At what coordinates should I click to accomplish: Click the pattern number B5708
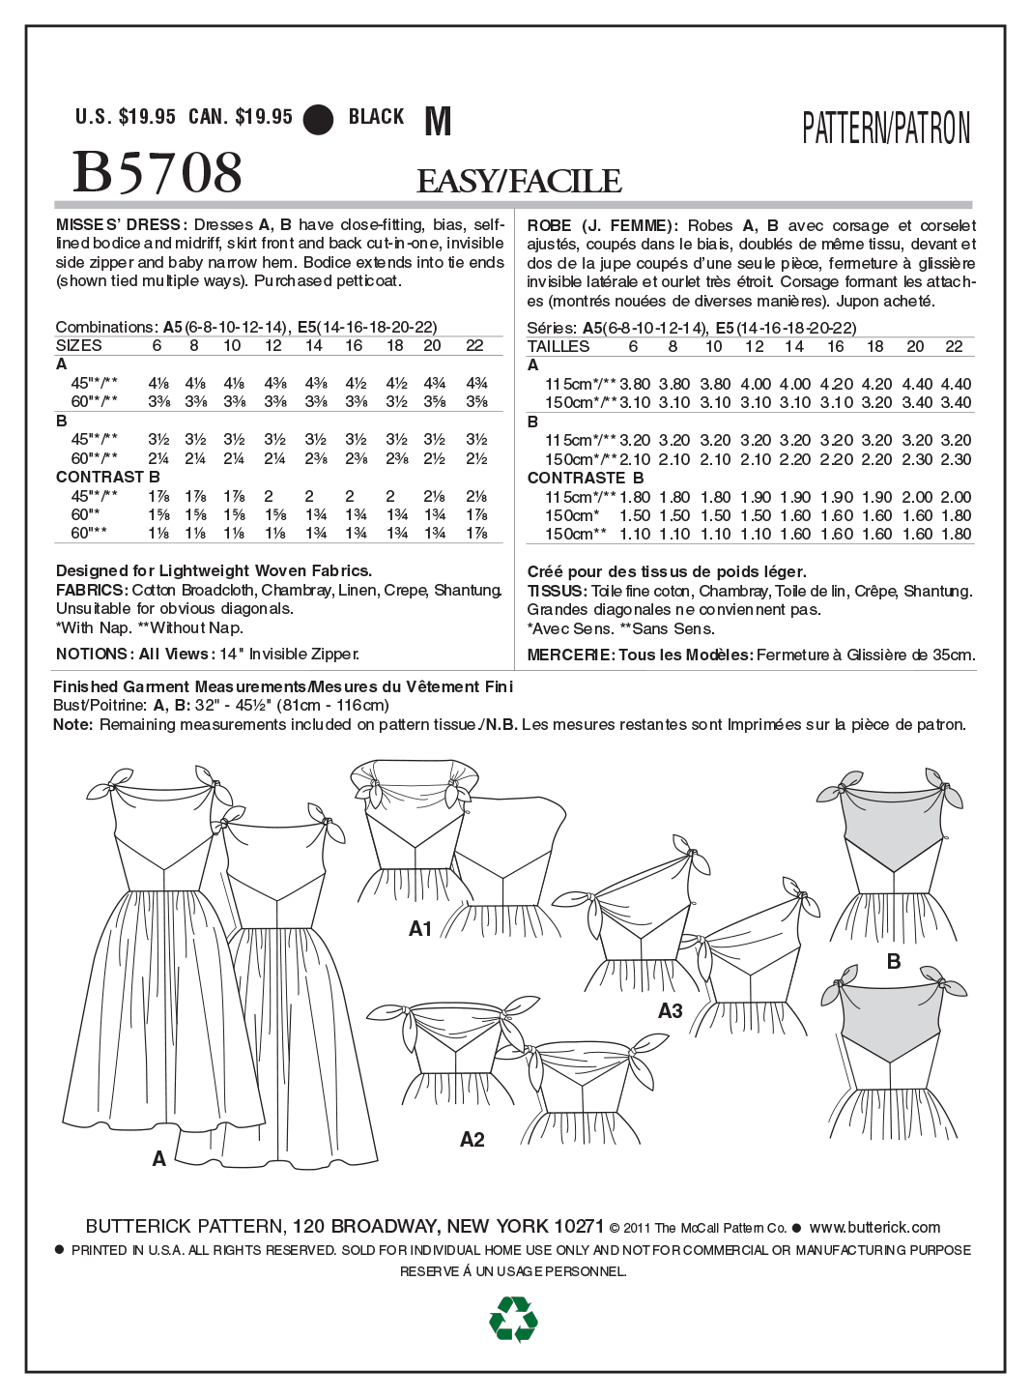tap(158, 173)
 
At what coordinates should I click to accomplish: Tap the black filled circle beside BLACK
tap(318, 119)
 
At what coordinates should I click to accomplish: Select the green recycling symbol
tap(513, 1319)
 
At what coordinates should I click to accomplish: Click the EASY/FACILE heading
tap(519, 181)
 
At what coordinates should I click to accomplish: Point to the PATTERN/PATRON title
tap(886, 129)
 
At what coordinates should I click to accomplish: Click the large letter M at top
tap(438, 122)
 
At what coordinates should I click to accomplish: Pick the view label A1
tap(420, 929)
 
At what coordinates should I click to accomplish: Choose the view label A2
tap(472, 1140)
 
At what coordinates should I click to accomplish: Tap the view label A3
tap(670, 1011)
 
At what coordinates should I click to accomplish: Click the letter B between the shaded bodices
tap(894, 961)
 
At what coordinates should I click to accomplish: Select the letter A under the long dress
tap(159, 1158)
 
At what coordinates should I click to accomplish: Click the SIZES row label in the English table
tap(78, 345)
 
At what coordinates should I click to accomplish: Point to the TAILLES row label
tap(558, 346)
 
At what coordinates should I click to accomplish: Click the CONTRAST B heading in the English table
tap(107, 477)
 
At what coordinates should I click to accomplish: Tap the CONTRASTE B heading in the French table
tap(585, 478)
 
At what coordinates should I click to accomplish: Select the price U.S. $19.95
tap(126, 117)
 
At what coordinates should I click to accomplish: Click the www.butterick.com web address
tap(873, 1227)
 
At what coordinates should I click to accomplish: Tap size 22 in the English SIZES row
tap(474, 345)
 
